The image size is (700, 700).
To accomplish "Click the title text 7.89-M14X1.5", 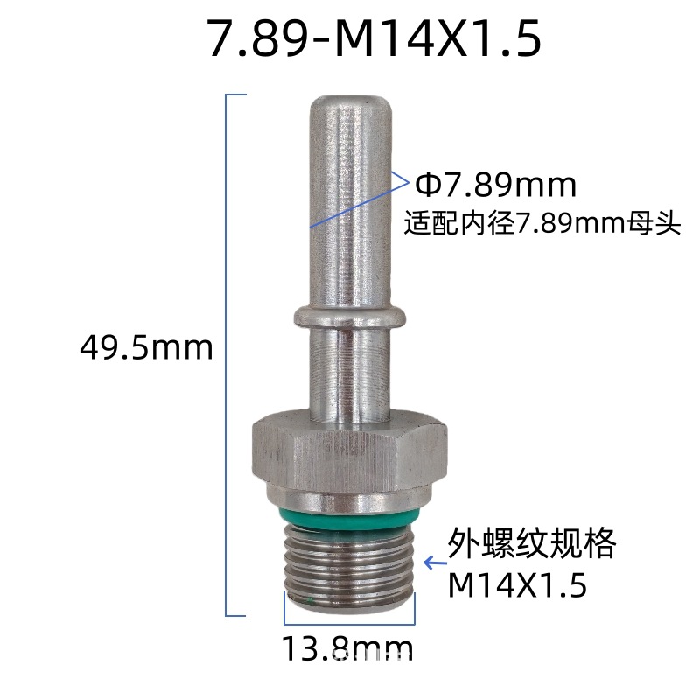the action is coord(375,38).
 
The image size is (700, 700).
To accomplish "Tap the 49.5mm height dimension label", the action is coord(146,348).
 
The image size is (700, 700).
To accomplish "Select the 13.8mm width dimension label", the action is coord(347,648).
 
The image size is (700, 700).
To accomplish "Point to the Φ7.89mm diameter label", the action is coord(495,185).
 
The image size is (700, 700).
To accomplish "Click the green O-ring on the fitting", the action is coord(349,519).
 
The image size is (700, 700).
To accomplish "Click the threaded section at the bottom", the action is coord(349,567).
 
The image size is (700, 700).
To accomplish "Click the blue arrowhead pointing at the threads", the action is coord(430,563).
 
